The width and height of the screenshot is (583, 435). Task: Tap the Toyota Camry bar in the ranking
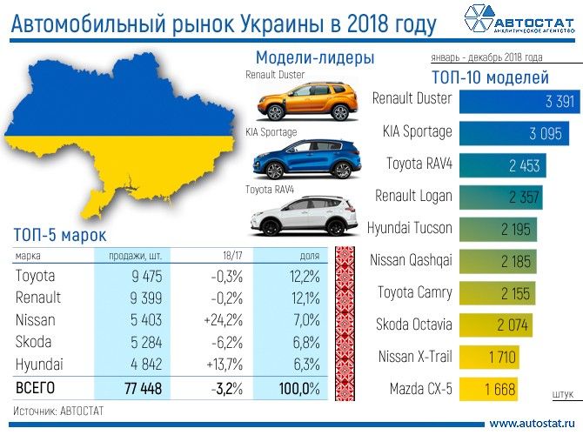pyautogui.click(x=497, y=293)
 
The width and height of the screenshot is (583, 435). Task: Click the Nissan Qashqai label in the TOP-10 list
pyautogui.click(x=411, y=259)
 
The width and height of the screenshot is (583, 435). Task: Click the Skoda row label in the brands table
pyautogui.click(x=34, y=341)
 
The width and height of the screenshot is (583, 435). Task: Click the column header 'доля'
pyautogui.click(x=309, y=257)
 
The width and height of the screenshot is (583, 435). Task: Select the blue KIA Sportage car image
pyautogui.click(x=300, y=159)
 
